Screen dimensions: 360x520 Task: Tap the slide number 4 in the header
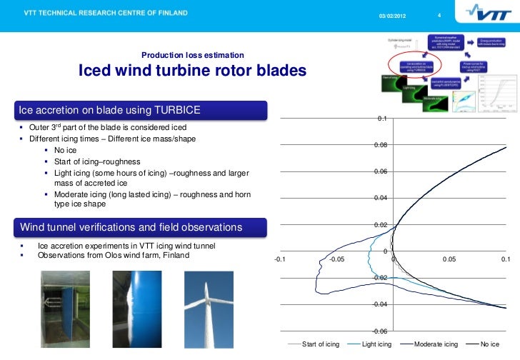[x=439, y=16]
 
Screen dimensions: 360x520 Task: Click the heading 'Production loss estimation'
[x=193, y=56]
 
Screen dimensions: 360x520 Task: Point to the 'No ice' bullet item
[x=65, y=151]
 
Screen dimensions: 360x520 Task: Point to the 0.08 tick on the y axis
[x=381, y=145]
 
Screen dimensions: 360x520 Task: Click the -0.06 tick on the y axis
[x=380, y=331]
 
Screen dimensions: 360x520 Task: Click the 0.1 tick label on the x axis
[x=505, y=260]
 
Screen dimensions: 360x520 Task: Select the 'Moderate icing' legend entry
[x=436, y=344]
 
